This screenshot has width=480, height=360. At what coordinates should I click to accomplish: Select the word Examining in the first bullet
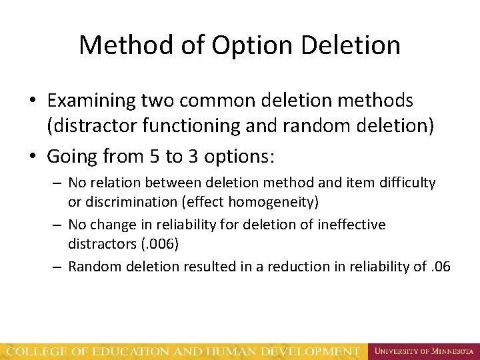click(91, 101)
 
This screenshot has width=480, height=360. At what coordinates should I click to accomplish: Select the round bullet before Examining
click(33, 101)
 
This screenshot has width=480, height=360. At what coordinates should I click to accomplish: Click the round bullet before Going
click(33, 157)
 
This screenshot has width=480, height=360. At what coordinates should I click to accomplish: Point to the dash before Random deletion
click(59, 267)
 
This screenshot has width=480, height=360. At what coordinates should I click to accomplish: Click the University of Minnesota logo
click(424, 351)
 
